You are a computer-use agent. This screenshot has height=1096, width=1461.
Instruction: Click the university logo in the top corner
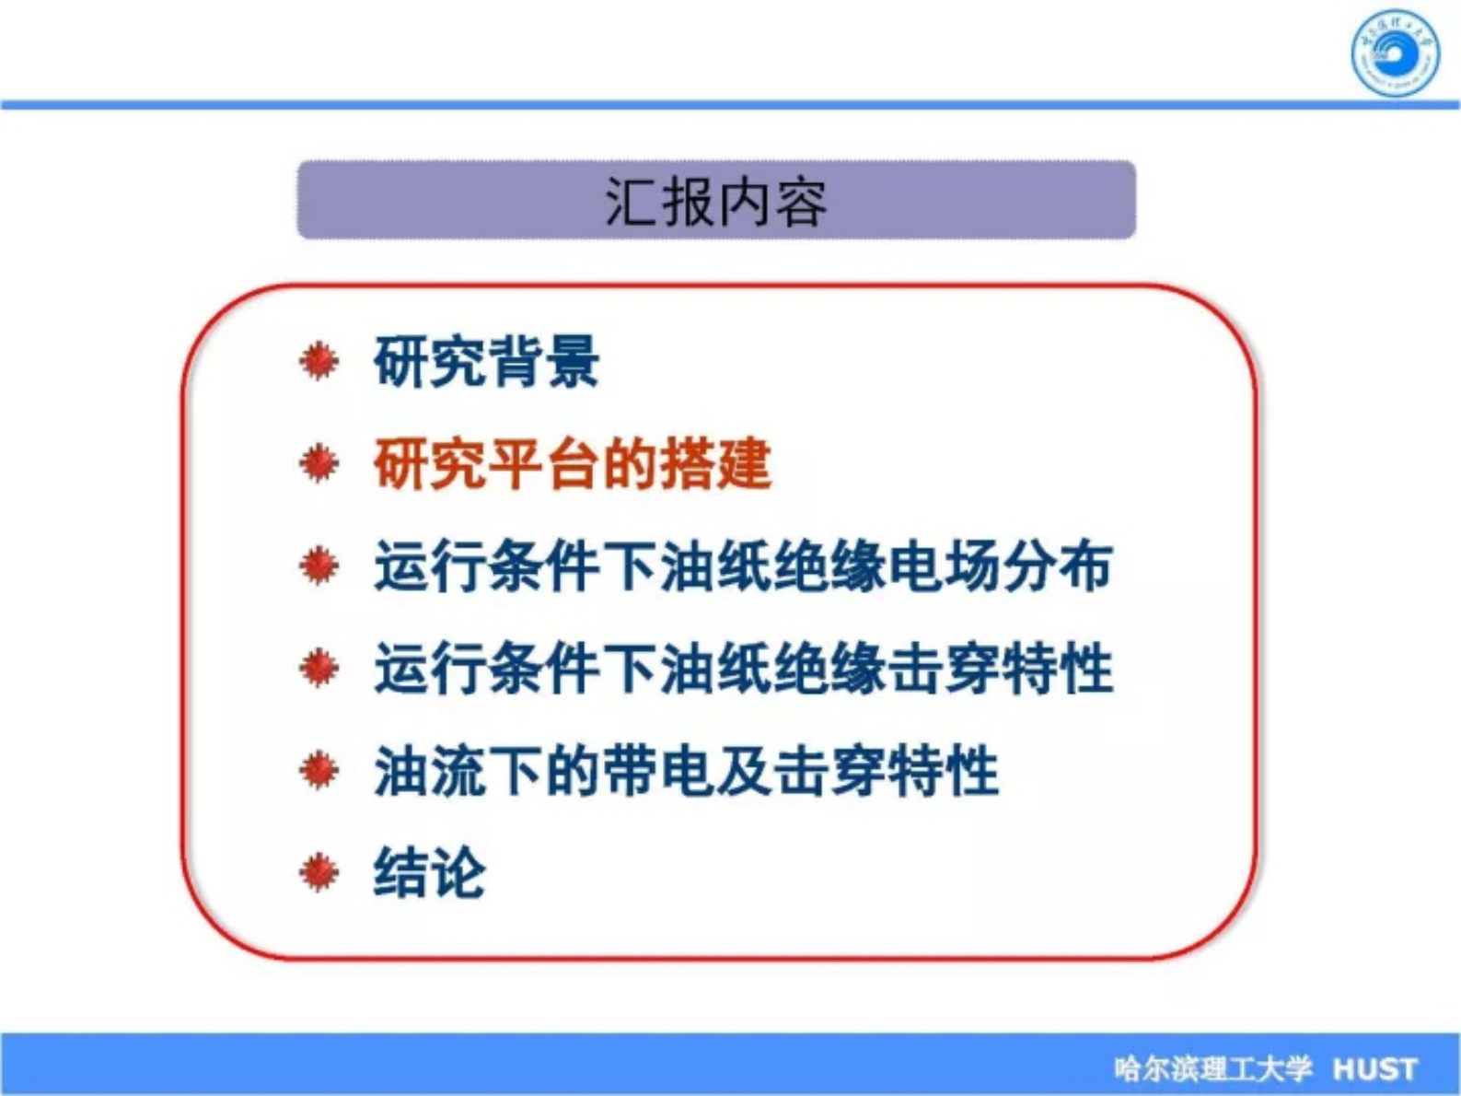(x=1395, y=53)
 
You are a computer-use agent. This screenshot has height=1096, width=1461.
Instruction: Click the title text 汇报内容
(x=715, y=202)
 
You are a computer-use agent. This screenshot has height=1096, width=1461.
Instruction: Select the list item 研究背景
(x=486, y=362)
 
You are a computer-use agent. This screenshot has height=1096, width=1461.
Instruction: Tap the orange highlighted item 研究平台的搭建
(x=572, y=464)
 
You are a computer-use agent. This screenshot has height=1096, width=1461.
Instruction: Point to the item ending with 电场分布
(x=743, y=566)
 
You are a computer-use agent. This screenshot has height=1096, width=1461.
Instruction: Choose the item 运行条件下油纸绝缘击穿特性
(x=743, y=669)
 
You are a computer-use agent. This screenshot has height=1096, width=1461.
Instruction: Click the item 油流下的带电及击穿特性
(x=686, y=771)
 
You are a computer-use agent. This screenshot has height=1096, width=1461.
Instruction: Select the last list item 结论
(x=429, y=872)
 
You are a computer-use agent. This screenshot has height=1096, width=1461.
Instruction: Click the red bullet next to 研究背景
(x=319, y=361)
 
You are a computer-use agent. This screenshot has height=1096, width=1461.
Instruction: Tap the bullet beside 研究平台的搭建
(x=319, y=463)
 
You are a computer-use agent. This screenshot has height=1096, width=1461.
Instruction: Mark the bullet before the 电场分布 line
(x=319, y=565)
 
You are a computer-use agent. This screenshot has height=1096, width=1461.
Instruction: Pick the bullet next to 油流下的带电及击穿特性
(x=319, y=770)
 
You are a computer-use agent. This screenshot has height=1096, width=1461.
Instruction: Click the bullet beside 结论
(x=319, y=872)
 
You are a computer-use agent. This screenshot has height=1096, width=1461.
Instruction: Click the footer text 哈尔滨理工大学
(x=1212, y=1068)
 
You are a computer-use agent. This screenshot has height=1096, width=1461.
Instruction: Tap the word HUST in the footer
(x=1375, y=1068)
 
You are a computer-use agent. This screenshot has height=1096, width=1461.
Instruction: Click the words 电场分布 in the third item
(x=999, y=566)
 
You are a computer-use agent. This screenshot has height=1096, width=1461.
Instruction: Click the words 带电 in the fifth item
(x=658, y=771)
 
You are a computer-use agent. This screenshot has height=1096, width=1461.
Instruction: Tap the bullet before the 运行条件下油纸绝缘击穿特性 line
(x=319, y=668)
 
